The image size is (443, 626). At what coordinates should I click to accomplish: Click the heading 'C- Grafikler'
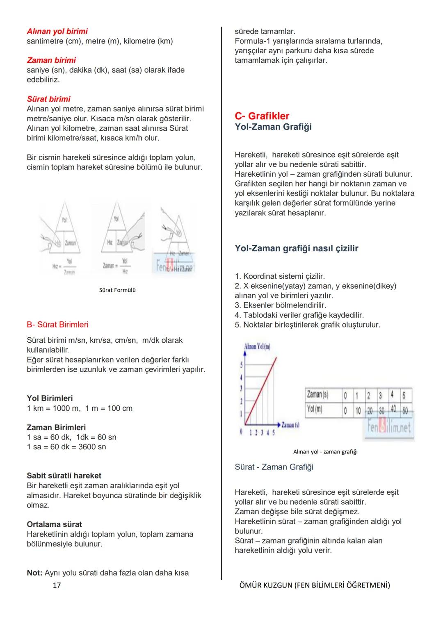(262, 116)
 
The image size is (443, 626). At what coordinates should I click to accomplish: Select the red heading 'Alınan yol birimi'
(57, 32)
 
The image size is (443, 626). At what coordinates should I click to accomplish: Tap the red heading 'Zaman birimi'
(51, 60)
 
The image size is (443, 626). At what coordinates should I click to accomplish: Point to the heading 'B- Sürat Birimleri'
(57, 325)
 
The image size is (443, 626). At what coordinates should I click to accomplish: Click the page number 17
(57, 585)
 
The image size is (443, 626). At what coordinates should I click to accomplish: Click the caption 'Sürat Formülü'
(117, 290)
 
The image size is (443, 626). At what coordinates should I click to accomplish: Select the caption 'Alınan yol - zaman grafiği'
(325, 452)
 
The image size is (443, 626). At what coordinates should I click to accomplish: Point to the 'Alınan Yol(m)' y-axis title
(257, 346)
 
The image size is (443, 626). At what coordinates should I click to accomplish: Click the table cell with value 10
(358, 410)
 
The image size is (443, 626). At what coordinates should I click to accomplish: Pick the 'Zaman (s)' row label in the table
(317, 395)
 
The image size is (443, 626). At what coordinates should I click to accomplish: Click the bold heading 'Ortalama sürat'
(54, 525)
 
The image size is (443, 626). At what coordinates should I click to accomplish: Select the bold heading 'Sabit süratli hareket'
(64, 476)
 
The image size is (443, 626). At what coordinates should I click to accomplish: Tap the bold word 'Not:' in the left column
(34, 573)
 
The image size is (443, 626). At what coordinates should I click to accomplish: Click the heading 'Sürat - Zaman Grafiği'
(274, 467)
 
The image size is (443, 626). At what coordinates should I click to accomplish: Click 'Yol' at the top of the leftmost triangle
(64, 220)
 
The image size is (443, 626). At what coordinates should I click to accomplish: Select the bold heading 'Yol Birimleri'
(50, 398)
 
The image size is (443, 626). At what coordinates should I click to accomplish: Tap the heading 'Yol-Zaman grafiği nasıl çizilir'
(297, 248)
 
